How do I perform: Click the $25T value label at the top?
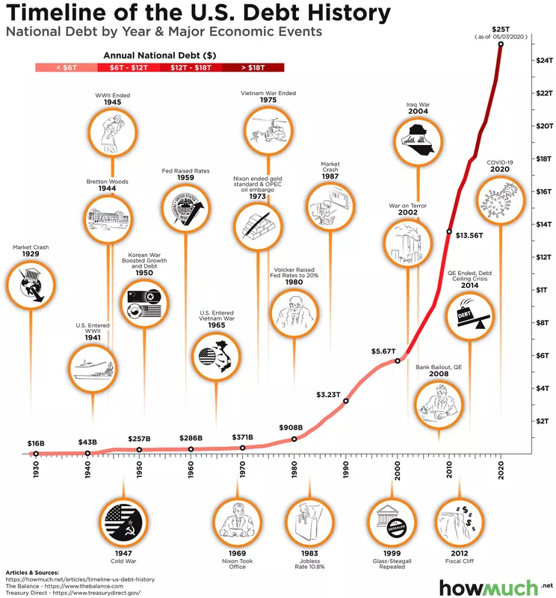pos(500,28)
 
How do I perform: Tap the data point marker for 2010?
pos(449,232)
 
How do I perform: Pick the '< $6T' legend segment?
pos(66,67)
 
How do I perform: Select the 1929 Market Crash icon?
pos(31,285)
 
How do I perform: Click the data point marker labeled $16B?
pos(36,454)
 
